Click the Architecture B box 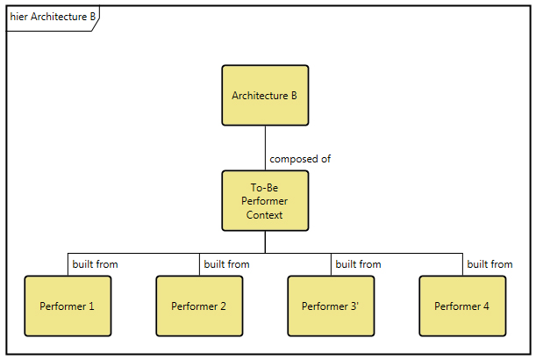pos(265,95)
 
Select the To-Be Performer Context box pos(265,201)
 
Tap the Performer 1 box pos(68,306)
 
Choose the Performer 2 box pos(199,306)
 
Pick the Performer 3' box pos(331,306)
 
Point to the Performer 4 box pos(462,306)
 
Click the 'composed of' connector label pos(300,159)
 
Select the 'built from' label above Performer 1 pos(95,263)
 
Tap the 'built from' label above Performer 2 pos(226,263)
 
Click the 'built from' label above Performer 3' pos(358,263)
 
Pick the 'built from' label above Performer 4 pos(490,263)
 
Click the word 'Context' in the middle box pos(265,214)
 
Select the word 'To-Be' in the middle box pos(265,187)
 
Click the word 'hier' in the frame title pos(18,17)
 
